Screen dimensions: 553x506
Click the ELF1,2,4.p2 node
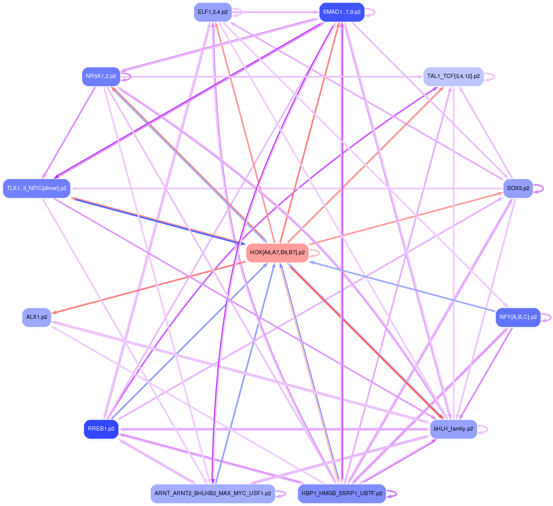pos(213,12)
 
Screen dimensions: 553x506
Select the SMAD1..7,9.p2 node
pos(341,12)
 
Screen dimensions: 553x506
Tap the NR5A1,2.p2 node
pos(101,76)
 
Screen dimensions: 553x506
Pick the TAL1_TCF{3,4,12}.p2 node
pos(453,76)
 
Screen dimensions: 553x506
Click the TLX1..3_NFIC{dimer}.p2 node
pos(37,188)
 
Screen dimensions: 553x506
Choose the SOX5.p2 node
pos(518,188)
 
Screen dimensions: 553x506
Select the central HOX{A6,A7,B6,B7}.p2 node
pos(277,253)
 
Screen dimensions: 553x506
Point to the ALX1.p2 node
pos(37,317)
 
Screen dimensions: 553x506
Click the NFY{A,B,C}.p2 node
pos(518,317)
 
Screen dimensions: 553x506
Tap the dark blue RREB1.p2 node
pos(101,429)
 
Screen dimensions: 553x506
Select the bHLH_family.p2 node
pos(453,429)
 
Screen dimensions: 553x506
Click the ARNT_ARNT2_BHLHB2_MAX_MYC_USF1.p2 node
pos(213,493)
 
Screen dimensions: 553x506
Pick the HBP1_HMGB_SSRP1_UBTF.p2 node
pos(341,493)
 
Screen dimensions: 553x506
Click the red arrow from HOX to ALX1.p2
pos(150,288)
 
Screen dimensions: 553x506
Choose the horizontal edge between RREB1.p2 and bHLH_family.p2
pos(275,429)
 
